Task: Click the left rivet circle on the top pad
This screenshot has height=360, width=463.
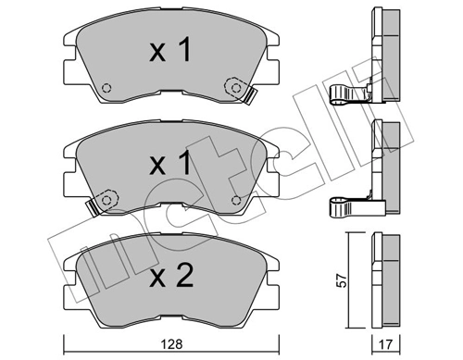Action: (106, 89)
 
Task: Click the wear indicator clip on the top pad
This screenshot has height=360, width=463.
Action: (247, 93)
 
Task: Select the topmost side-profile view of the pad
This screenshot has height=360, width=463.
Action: (382, 51)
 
